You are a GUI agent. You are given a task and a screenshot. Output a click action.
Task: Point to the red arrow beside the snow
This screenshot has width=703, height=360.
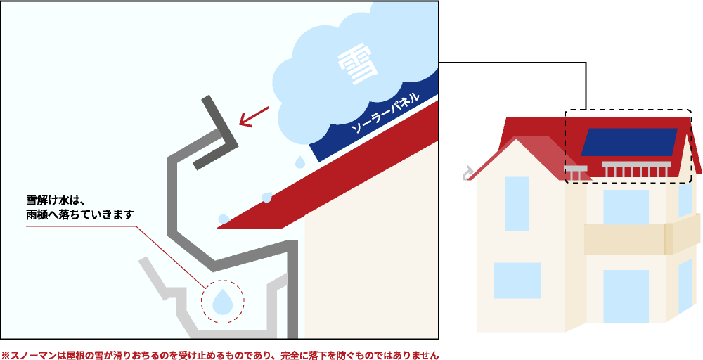(254, 116)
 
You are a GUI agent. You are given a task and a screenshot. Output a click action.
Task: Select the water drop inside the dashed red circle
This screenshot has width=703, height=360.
(223, 300)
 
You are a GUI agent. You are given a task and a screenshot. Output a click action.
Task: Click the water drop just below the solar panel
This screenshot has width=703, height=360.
(300, 162)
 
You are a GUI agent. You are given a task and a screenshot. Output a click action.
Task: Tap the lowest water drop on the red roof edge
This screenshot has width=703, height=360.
(224, 219)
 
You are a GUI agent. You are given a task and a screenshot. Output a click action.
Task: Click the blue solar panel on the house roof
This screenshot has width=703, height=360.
(628, 142)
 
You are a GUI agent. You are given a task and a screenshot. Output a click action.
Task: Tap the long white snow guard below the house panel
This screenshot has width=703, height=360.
(637, 169)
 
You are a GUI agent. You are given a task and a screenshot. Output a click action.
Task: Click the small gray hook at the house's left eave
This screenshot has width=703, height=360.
(467, 172)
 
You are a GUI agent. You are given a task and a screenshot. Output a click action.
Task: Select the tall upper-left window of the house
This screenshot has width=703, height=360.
(517, 203)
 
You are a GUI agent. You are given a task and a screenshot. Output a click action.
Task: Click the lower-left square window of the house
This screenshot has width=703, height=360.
(517, 280)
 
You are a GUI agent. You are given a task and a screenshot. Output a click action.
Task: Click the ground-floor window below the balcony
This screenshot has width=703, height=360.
(626, 295)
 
